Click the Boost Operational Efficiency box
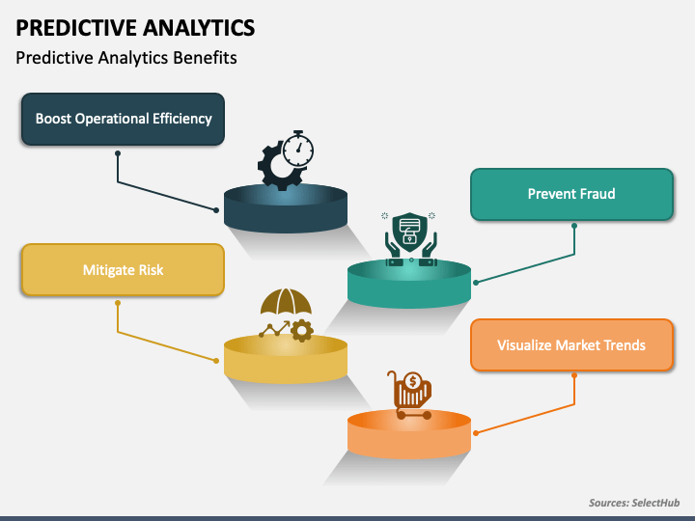pyautogui.click(x=123, y=119)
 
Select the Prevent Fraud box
pyautogui.click(x=571, y=194)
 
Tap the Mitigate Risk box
pyautogui.click(x=123, y=269)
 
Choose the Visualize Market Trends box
pyautogui.click(x=571, y=344)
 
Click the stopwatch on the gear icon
pyautogui.click(x=298, y=149)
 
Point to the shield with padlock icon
pyautogui.click(x=410, y=229)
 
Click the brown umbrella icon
pyautogui.click(x=286, y=302)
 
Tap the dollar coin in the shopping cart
pyautogui.click(x=413, y=381)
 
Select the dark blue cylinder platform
pyautogui.click(x=286, y=208)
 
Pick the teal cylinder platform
pyautogui.click(x=409, y=284)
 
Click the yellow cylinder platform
pyautogui.click(x=286, y=359)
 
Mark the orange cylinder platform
pyautogui.click(x=409, y=434)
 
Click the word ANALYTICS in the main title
pyautogui.click(x=199, y=27)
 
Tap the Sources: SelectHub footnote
pyautogui.click(x=634, y=503)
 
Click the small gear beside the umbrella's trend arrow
pyautogui.click(x=302, y=331)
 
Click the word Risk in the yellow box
pyautogui.click(x=152, y=270)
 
